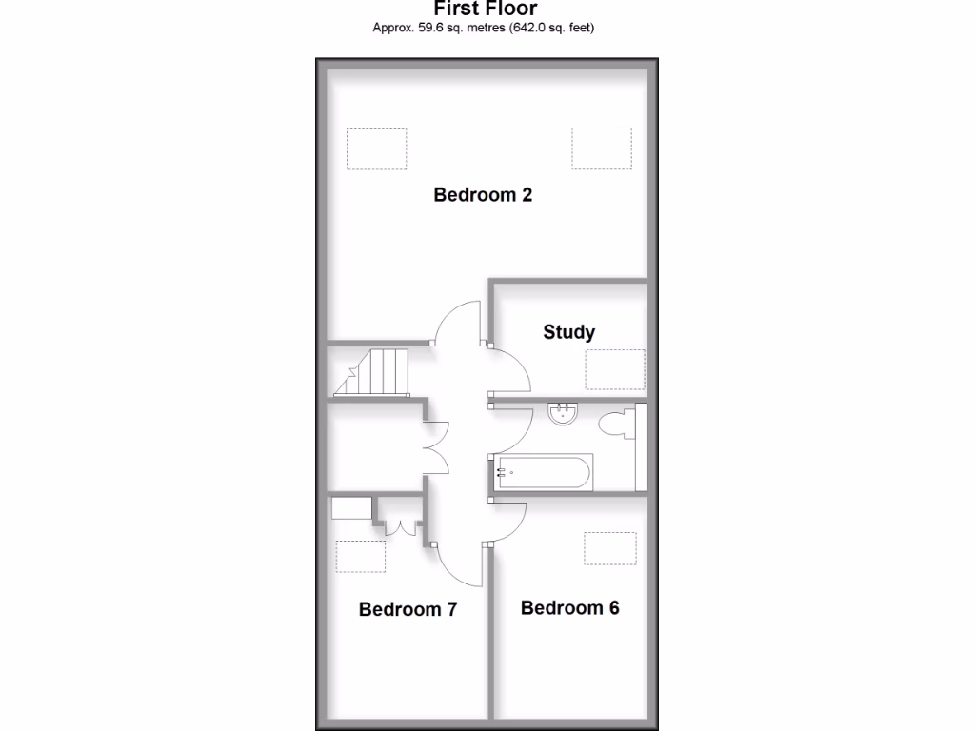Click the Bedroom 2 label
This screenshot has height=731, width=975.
pyautogui.click(x=483, y=195)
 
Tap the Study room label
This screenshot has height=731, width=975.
pyautogui.click(x=568, y=332)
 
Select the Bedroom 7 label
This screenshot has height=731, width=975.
pyautogui.click(x=408, y=609)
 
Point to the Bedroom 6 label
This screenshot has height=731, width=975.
pyautogui.click(x=569, y=607)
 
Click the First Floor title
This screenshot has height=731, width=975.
pyautogui.click(x=485, y=9)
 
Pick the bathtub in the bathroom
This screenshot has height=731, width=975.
pyautogui.click(x=544, y=471)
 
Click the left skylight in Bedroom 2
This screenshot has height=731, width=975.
pyautogui.click(x=376, y=148)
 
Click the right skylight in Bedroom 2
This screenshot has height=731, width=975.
pyautogui.click(x=602, y=148)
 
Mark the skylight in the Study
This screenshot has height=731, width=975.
pyautogui.click(x=614, y=369)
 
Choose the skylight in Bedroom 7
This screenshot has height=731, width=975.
pyautogui.click(x=361, y=555)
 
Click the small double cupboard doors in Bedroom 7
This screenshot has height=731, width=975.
pyautogui.click(x=400, y=526)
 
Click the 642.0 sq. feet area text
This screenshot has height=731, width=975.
pyautogui.click(x=553, y=28)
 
